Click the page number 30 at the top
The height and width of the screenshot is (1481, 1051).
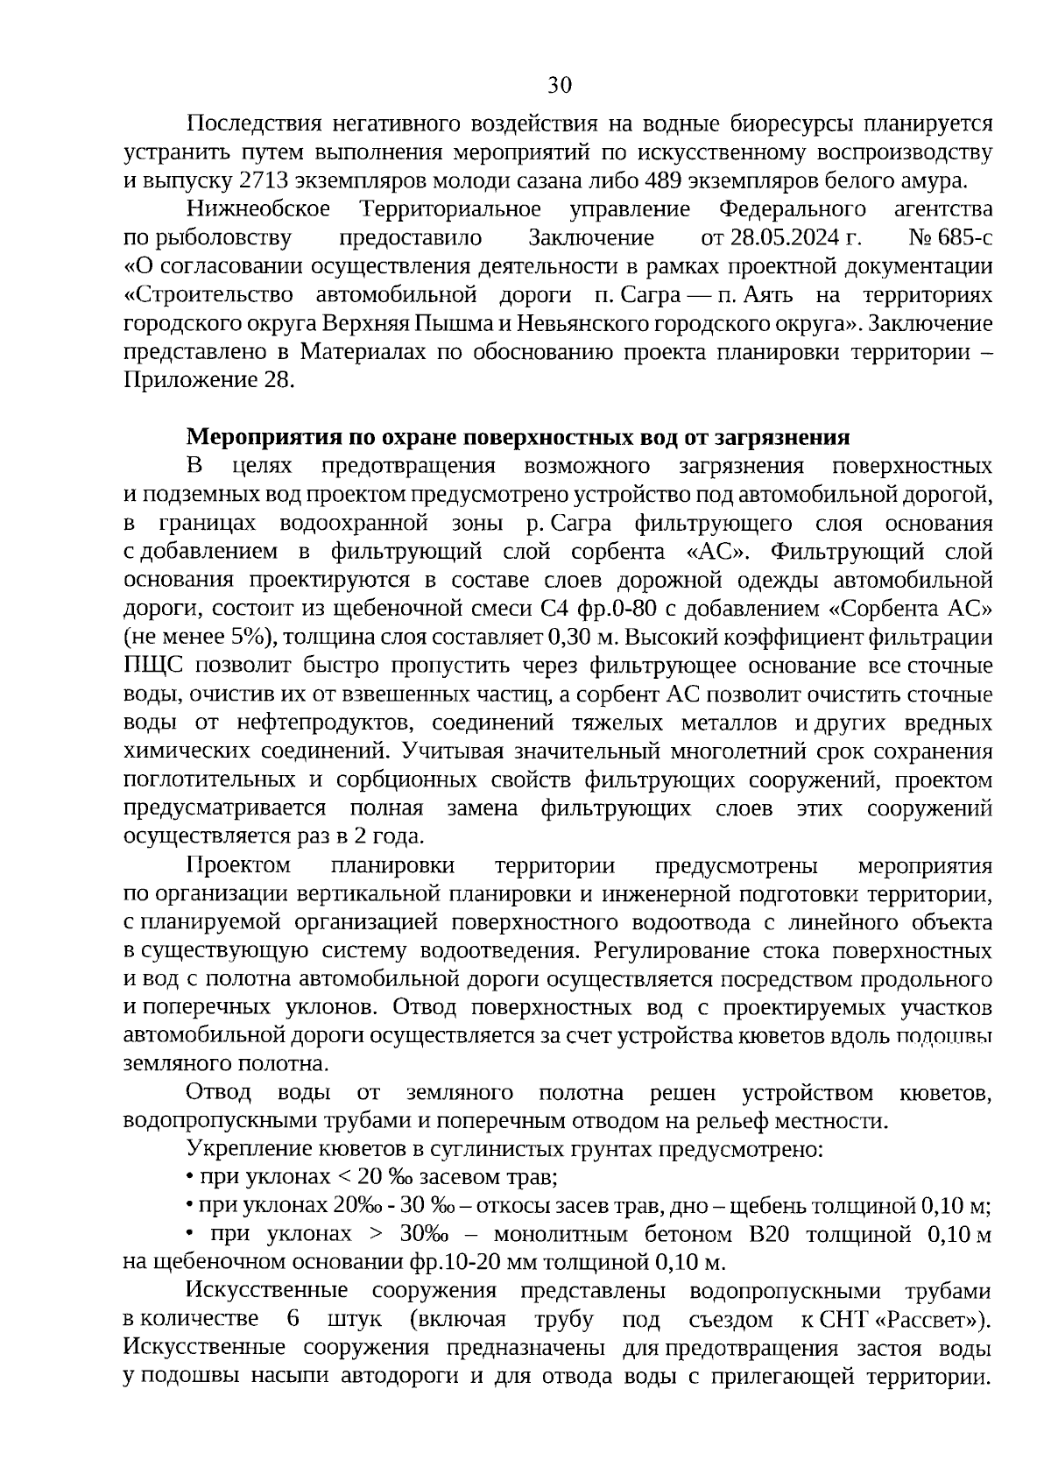tap(559, 85)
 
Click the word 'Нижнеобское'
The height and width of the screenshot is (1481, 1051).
tap(258, 209)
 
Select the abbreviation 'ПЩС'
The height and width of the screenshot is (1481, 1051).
tap(151, 666)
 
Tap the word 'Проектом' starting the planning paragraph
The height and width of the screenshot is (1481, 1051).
tap(238, 866)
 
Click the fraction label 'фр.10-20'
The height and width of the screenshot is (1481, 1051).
tap(446, 1263)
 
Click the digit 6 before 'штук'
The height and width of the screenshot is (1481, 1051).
tap(293, 1320)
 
